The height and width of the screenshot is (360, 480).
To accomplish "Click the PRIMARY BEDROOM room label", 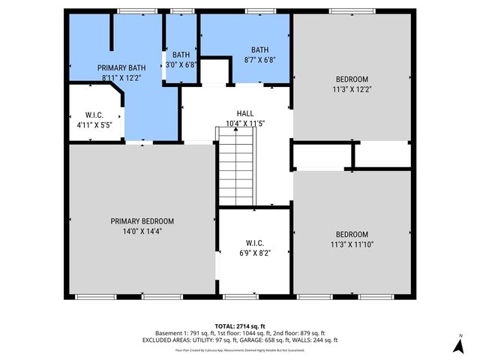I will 142,221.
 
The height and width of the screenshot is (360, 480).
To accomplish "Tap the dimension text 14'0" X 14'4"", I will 142,231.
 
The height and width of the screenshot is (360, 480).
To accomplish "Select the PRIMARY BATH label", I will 121,67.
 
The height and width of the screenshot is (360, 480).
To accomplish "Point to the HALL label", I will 245,112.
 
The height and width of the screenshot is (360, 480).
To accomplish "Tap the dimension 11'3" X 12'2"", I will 352,88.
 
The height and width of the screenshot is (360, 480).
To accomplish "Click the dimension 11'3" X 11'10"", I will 352,244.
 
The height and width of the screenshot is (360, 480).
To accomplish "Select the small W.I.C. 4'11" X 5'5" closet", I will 94,120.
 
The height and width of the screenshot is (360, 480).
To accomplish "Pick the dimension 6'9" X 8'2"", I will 255,253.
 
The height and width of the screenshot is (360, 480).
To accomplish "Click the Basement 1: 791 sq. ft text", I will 184,332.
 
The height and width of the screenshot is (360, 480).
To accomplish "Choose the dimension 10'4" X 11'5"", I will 245,122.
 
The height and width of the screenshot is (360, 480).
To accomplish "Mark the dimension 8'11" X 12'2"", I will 121,77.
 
